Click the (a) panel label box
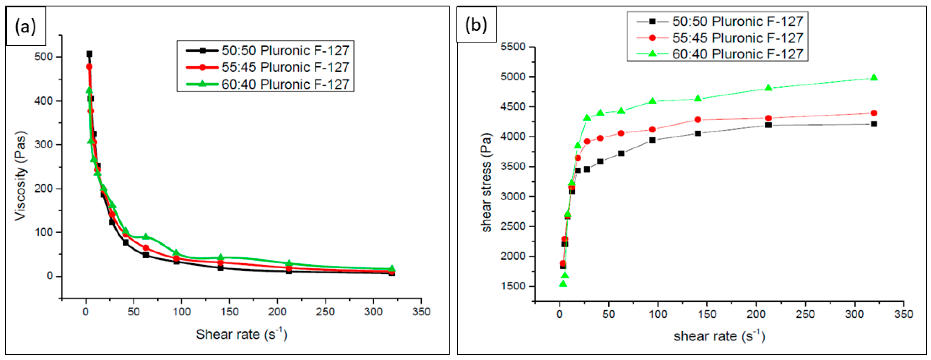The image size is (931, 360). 25,26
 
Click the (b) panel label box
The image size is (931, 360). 476,24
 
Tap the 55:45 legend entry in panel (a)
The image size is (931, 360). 267,67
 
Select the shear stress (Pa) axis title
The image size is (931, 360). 486,183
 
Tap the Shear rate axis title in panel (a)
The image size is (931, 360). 241,334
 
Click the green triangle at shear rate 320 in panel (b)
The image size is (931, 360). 874,78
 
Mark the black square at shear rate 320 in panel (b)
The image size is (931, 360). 874,124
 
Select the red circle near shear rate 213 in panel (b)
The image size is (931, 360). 768,118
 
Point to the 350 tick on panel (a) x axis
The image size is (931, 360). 421,312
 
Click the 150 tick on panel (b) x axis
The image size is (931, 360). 707,314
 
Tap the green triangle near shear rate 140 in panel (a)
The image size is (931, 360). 221,257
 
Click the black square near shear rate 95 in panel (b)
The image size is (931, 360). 652,140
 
